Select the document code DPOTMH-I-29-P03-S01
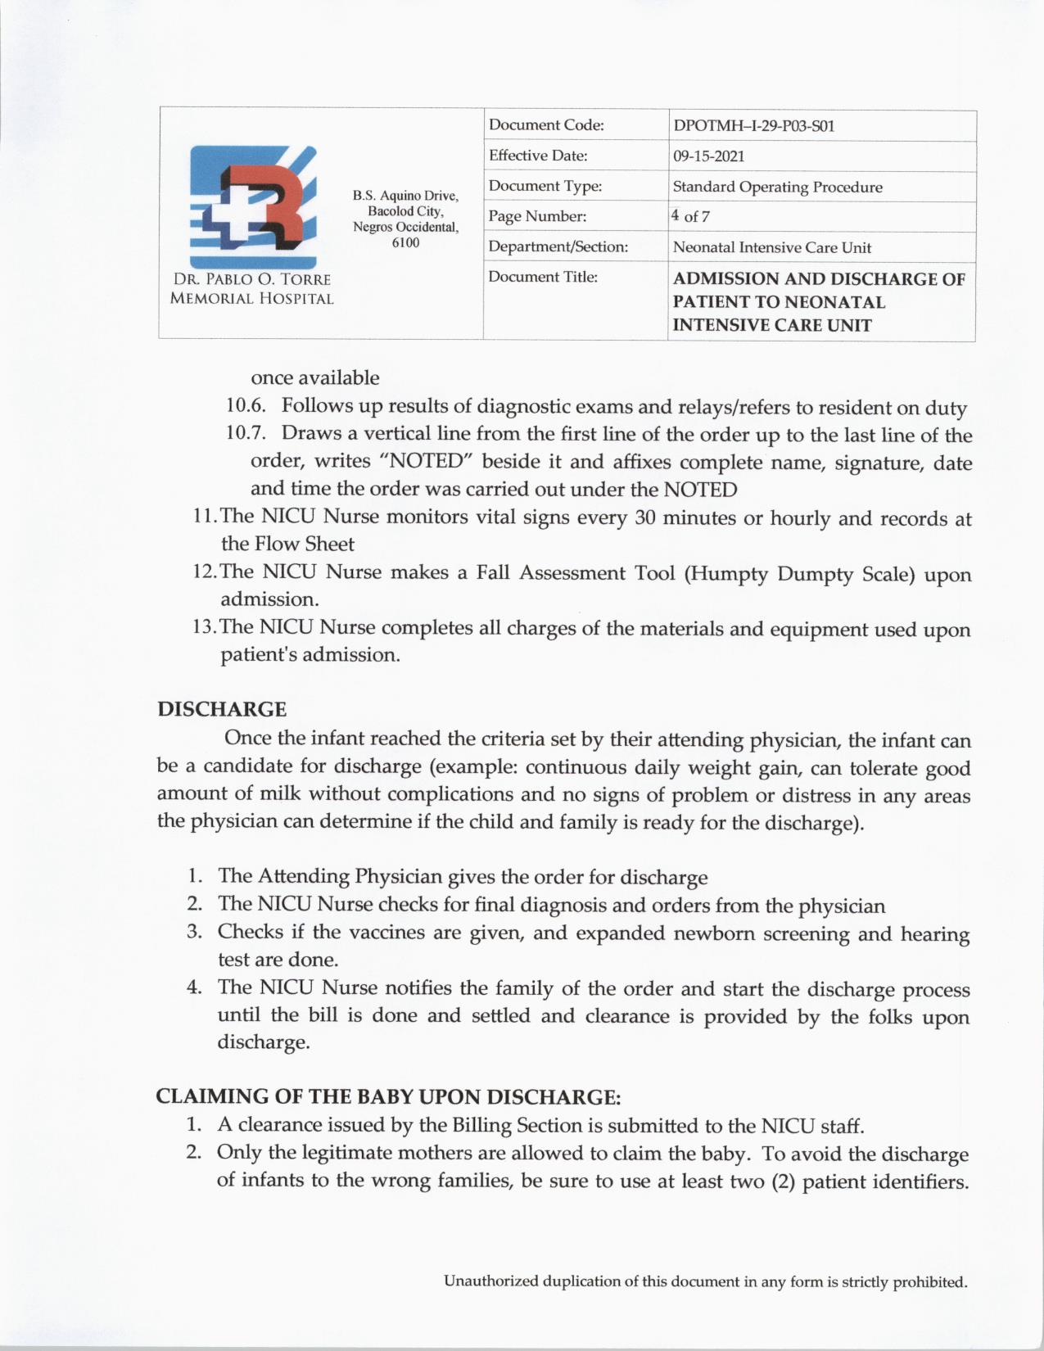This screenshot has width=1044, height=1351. click(x=753, y=126)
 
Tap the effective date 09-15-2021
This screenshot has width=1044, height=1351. click(x=708, y=156)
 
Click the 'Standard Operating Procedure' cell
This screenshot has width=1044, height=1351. click(x=777, y=187)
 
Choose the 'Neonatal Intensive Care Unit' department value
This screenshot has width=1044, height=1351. click(x=771, y=247)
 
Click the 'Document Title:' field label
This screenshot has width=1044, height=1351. click(x=543, y=277)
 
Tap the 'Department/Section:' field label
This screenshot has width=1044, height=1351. click(x=558, y=246)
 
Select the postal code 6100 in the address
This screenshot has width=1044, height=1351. click(x=405, y=242)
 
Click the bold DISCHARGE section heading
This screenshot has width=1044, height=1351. click(x=222, y=709)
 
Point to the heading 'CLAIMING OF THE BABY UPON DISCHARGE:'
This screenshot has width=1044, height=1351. click(x=389, y=1096)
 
